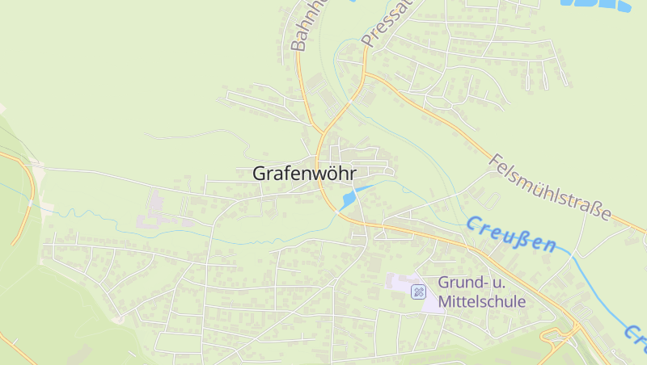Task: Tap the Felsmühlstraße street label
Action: [550, 187]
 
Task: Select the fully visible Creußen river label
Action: [511, 234]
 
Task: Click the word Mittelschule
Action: [482, 302]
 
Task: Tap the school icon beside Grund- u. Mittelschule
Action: [418, 292]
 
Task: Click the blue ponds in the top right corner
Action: [596, 4]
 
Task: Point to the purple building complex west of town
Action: [154, 212]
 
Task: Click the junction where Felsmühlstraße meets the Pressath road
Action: [366, 74]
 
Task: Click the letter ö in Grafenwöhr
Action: [332, 174]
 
